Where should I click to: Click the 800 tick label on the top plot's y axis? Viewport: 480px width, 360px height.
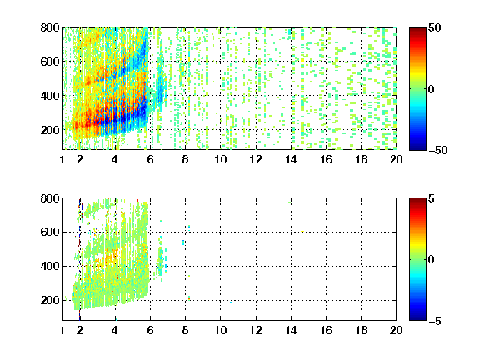tap(50, 27)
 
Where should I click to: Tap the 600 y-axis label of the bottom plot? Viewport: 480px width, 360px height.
tap(50, 232)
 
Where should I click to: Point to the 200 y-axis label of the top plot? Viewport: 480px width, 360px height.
tap(50, 130)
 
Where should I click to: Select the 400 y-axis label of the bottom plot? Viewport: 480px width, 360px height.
tap(50, 266)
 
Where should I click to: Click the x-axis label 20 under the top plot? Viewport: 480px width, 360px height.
tap(396, 159)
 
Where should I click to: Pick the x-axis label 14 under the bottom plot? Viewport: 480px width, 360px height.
tap(291, 330)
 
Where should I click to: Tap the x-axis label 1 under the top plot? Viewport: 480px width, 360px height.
tap(62, 159)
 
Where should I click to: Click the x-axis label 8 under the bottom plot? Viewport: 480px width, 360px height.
tap(185, 330)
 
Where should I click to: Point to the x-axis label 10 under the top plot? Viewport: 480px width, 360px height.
tap(220, 159)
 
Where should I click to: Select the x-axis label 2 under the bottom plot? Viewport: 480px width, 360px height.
tap(80, 330)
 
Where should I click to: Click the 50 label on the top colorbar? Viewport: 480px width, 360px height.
tap(435, 27)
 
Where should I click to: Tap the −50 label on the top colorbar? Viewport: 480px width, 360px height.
tap(438, 150)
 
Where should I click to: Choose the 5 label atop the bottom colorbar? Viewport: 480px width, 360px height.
tap(432, 198)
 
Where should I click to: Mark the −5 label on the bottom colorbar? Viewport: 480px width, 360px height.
tap(435, 321)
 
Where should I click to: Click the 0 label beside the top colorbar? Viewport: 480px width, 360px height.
tap(432, 89)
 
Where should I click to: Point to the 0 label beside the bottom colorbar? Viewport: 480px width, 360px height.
tap(432, 260)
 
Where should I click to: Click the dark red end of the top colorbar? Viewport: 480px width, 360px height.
tap(417, 29)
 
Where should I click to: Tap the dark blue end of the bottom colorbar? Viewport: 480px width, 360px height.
tap(417, 318)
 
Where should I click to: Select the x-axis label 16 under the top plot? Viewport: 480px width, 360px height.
tap(326, 159)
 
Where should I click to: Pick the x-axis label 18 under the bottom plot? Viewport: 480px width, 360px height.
tap(361, 330)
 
